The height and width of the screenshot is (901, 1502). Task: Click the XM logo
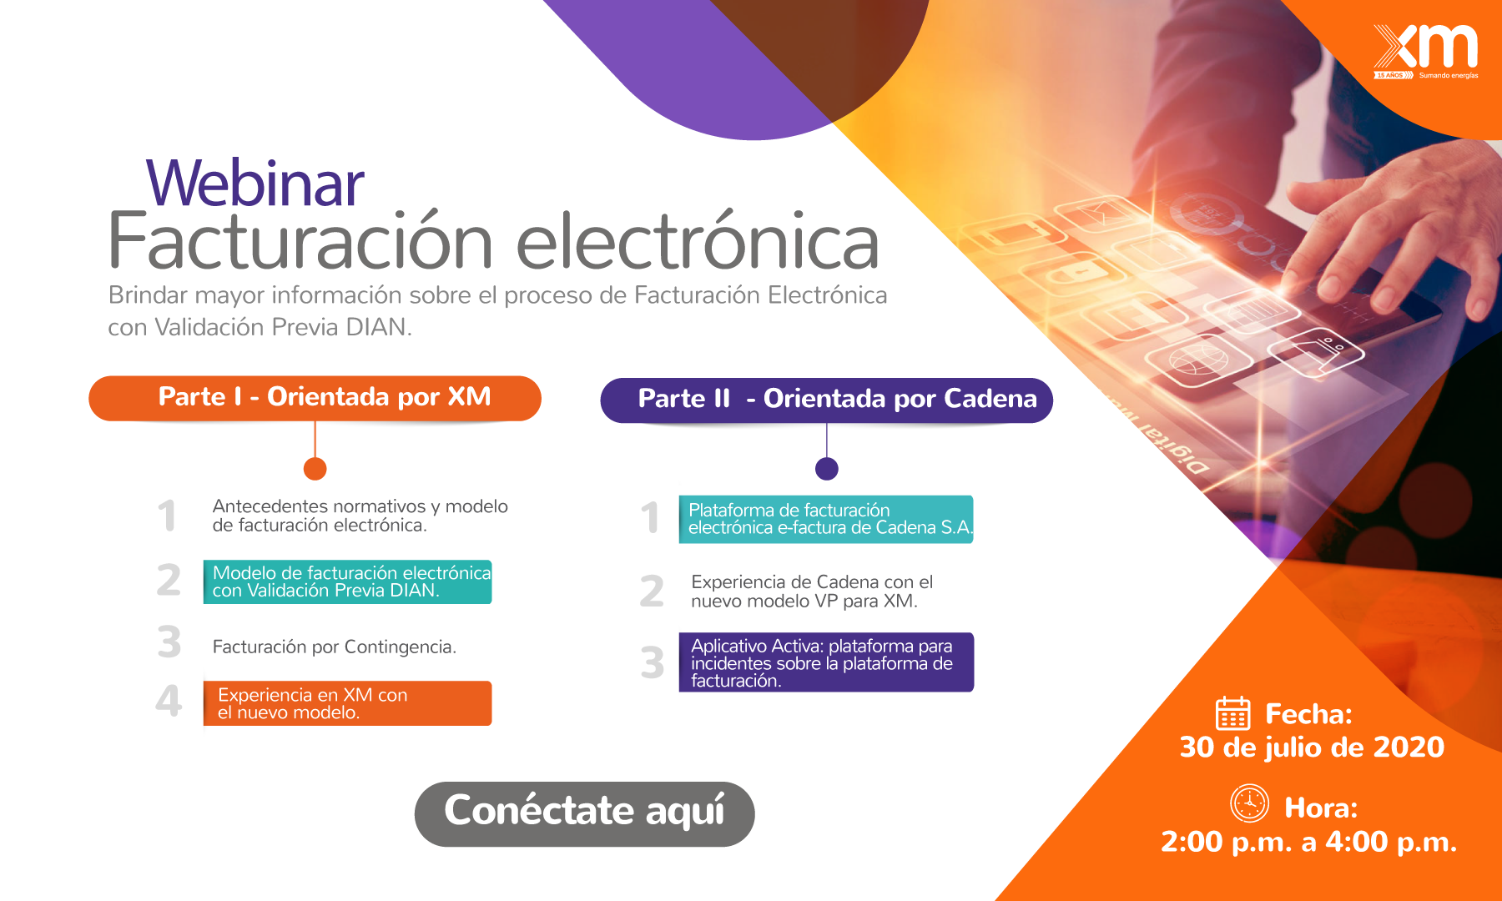coord(1426,51)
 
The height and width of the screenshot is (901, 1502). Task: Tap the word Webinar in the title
coord(255,183)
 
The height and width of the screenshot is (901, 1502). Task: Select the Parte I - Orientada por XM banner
coord(315,398)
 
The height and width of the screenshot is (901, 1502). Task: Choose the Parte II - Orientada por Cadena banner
coord(826,400)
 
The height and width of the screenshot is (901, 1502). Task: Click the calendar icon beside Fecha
coord(1232,713)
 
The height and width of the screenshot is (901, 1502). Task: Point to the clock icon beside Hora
coord(1249,803)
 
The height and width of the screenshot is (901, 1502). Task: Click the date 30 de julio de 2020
coord(1311,747)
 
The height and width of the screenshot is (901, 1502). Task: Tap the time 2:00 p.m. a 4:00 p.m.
coord(1308,841)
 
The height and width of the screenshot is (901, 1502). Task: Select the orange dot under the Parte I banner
coord(315,469)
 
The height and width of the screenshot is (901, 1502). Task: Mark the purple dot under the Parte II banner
coord(826,469)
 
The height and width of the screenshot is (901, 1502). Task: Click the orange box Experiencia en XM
coord(347,703)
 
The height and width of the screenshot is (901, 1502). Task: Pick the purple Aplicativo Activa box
coord(826,662)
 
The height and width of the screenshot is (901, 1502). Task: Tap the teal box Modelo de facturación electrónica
coord(347,581)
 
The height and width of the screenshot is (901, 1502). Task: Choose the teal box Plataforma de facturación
coord(826,519)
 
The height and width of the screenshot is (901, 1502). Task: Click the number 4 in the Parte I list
coord(169,701)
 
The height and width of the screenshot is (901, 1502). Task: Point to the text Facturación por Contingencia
coord(334,647)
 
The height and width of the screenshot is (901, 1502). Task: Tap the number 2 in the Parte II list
coord(652,591)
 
